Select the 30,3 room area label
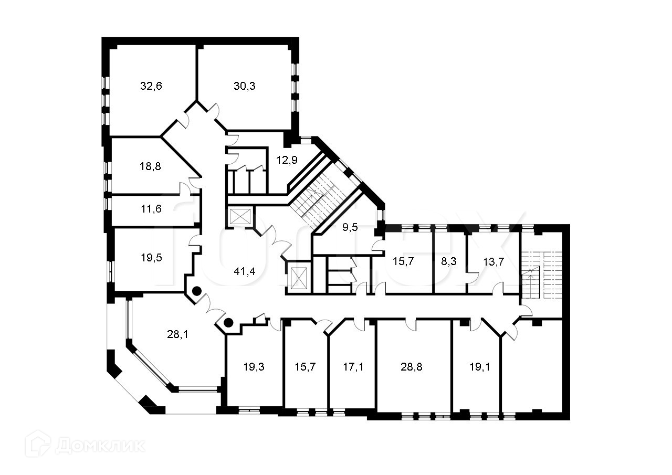(x=245, y=86)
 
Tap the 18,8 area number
(x=150, y=166)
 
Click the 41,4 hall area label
(x=245, y=271)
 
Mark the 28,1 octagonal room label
(x=177, y=334)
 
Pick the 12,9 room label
(x=287, y=160)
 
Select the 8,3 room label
(x=449, y=261)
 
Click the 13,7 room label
(x=493, y=261)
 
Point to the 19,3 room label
(x=254, y=367)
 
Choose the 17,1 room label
(x=352, y=367)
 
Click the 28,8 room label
(x=412, y=367)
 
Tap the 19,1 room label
(x=479, y=367)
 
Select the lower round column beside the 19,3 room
(x=229, y=323)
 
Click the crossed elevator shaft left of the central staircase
(x=241, y=217)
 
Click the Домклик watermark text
(x=100, y=446)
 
